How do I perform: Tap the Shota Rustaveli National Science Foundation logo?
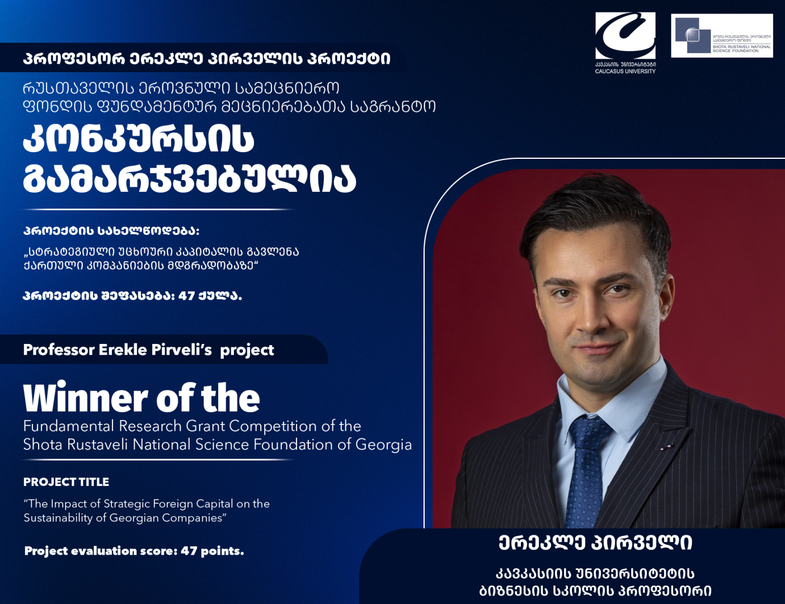coord(722,36)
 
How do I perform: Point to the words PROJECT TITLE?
coord(66,482)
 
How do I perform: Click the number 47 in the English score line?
coord(189,551)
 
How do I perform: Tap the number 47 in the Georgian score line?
coord(186,296)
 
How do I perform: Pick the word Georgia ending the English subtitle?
coord(383,445)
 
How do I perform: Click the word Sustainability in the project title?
coord(58,518)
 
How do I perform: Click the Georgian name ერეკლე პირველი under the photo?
coord(595,542)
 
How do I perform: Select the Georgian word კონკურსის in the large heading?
coord(138,139)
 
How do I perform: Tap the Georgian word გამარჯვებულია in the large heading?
coord(189,178)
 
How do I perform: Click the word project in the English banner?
coord(247,351)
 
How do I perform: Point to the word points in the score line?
coord(222,551)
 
